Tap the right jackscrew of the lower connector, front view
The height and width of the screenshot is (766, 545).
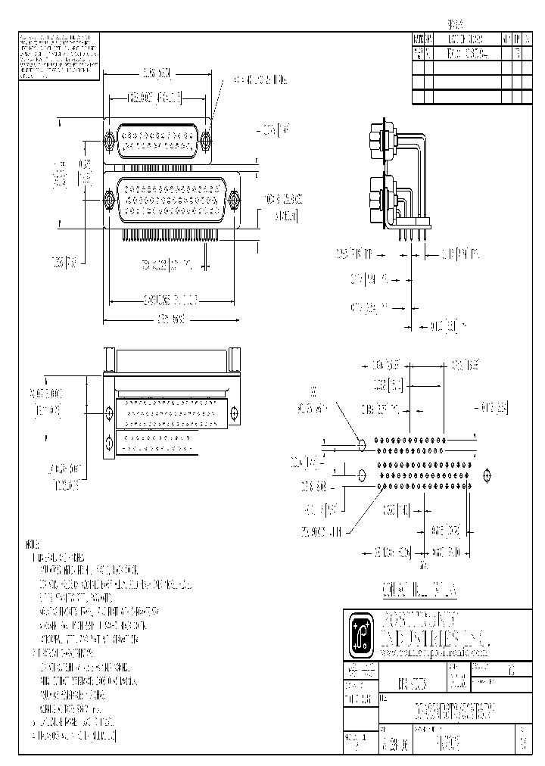234,199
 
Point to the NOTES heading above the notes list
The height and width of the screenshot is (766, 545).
31,544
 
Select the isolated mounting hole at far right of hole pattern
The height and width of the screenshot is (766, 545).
486,475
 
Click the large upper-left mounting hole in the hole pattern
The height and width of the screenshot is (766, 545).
361,445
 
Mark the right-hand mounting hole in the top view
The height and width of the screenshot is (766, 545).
235,413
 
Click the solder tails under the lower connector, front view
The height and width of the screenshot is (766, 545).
170,235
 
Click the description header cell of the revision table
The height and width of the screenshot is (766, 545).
466,40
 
